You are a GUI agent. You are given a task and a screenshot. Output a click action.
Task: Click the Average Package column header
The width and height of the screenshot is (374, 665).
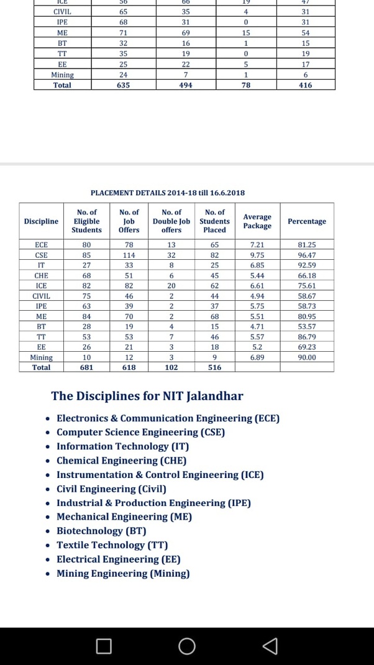pos(257,221)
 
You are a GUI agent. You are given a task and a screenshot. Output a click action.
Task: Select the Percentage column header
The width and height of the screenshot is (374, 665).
pos(306,221)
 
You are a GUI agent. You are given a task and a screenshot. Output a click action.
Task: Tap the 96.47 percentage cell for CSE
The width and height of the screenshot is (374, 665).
pos(306,255)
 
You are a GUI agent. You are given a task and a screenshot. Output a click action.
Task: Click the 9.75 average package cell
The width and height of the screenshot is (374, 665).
pos(257,255)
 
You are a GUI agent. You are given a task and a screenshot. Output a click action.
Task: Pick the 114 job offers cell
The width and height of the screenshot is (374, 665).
pos(129,255)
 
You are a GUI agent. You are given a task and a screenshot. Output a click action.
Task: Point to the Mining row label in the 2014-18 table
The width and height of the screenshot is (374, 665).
pos(42,357)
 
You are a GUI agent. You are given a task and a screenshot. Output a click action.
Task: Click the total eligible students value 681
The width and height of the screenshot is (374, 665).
pos(86,367)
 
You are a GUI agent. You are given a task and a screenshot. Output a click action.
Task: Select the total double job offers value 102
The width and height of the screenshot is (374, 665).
pos(171,367)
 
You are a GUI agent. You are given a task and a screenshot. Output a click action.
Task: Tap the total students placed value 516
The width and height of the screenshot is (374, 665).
pos(214,367)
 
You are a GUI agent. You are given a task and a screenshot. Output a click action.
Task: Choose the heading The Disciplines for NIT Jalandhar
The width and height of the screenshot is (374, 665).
pos(147,396)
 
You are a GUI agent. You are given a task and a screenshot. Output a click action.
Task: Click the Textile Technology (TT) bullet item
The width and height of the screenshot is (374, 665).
pos(112,545)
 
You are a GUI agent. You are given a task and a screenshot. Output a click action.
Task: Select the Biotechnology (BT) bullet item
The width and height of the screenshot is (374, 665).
pos(101,531)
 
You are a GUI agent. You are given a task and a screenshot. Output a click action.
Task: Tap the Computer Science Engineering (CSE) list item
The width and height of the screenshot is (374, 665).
pos(140,432)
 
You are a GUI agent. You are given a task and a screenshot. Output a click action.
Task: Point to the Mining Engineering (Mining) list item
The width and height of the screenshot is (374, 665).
pos(123,573)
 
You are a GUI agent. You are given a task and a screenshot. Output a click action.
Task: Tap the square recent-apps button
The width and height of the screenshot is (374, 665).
pos(104,646)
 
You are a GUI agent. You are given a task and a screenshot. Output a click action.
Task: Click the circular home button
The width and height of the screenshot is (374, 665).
pos(186,646)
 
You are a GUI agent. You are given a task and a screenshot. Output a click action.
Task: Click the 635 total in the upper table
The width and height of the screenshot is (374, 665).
pos(123,85)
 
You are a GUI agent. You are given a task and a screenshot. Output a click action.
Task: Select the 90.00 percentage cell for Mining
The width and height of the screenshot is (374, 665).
pos(306,357)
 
